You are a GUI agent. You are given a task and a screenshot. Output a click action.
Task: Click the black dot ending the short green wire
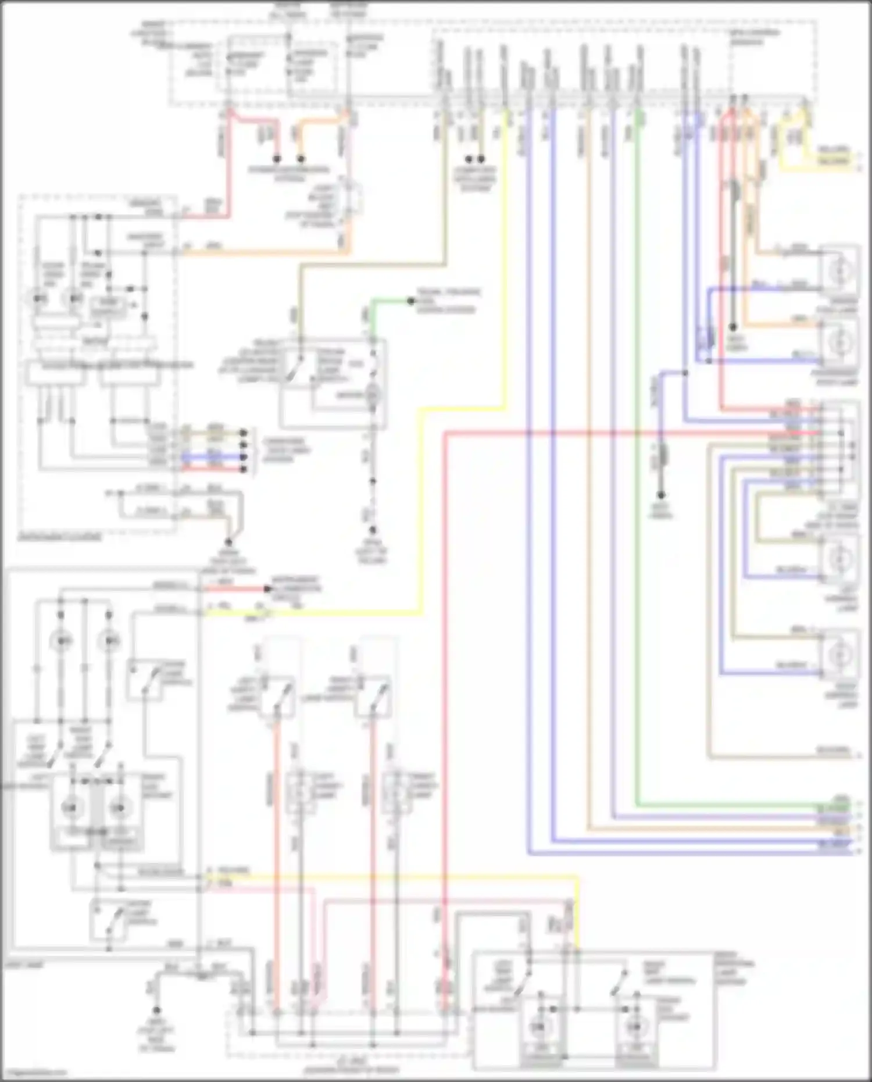(x=411, y=301)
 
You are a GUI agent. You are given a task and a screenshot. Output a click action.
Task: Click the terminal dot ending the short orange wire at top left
(x=301, y=158)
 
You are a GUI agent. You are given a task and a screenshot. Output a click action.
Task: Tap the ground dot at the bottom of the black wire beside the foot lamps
(x=733, y=327)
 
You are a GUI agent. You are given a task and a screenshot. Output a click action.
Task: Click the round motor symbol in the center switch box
(x=372, y=395)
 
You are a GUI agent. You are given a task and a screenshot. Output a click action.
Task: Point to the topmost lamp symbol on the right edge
(x=839, y=270)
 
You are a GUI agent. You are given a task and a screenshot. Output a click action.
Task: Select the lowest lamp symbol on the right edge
(x=839, y=655)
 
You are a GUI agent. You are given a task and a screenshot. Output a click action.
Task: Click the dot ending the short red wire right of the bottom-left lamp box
(x=268, y=588)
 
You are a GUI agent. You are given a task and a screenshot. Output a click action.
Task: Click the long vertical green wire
(x=638, y=465)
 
